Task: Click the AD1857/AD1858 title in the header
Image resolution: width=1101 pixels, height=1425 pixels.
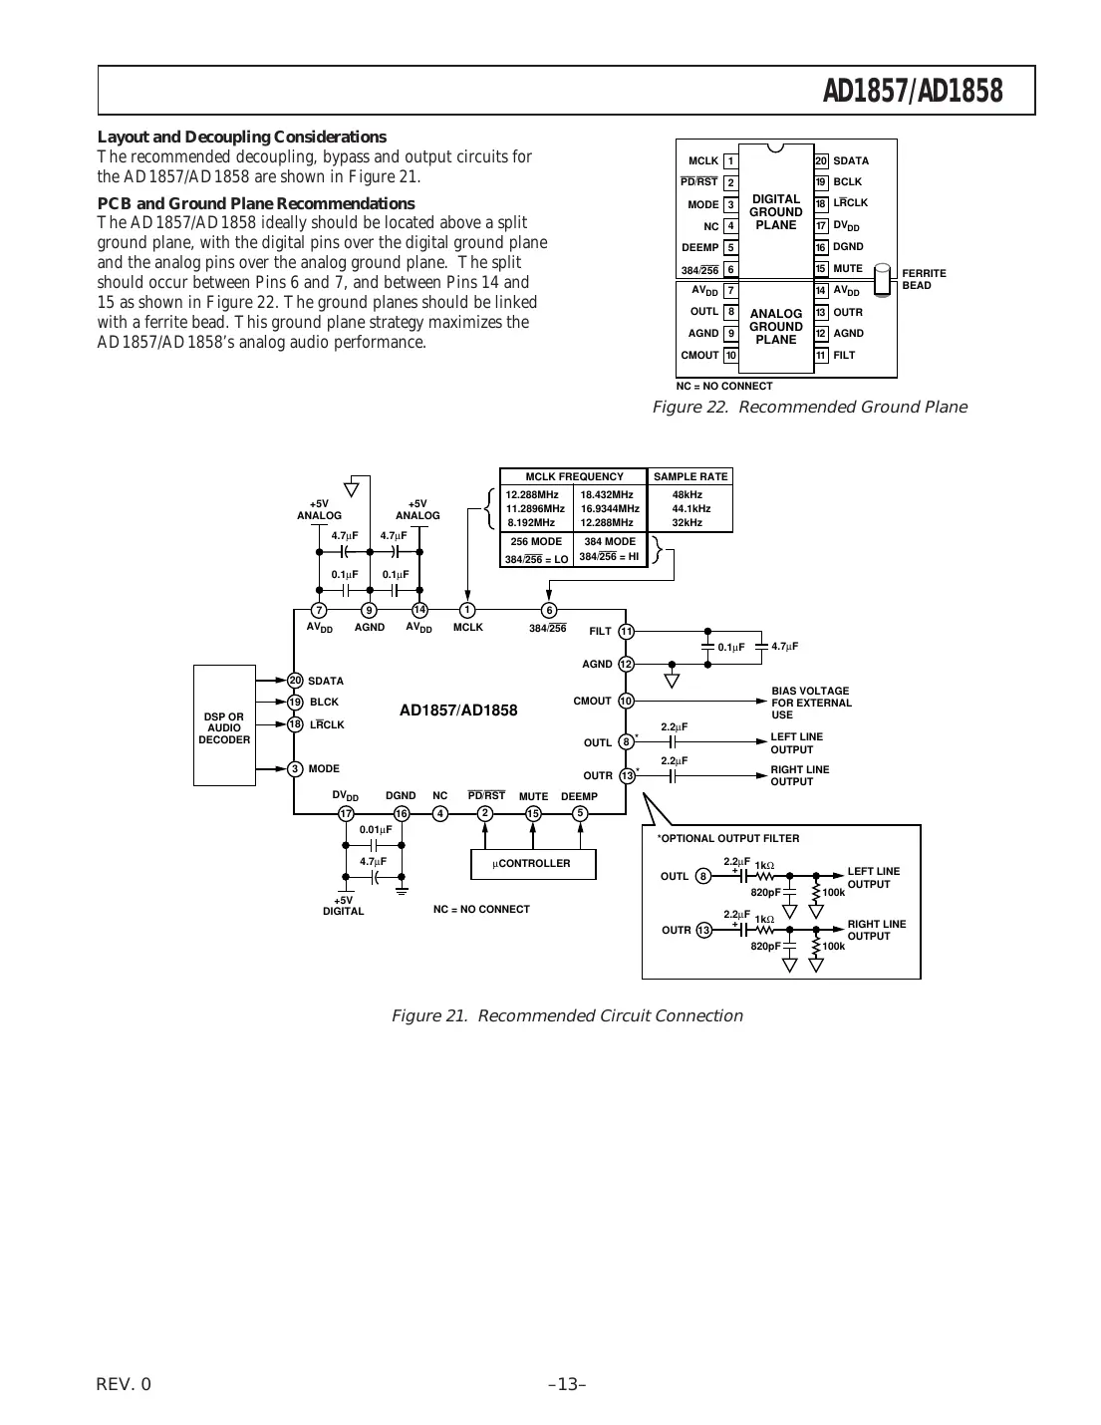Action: click(912, 92)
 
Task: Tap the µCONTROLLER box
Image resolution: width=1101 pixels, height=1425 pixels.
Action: click(533, 864)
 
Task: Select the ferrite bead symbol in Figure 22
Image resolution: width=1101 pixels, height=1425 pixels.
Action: click(882, 280)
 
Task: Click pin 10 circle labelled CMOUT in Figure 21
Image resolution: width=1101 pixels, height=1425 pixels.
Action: click(626, 702)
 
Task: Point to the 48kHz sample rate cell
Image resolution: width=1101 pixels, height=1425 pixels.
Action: click(688, 494)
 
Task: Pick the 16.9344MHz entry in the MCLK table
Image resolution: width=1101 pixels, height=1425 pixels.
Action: click(610, 508)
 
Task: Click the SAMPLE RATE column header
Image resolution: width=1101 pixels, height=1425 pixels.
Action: click(690, 476)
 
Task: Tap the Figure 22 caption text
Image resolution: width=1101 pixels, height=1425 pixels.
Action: click(809, 407)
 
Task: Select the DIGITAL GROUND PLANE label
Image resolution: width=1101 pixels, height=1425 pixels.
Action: click(776, 212)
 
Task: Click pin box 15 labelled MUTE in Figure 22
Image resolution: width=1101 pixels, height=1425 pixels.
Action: click(821, 269)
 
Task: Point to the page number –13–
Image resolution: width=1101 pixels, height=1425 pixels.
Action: click(567, 1384)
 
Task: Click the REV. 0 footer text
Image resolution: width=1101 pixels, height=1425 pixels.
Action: click(125, 1384)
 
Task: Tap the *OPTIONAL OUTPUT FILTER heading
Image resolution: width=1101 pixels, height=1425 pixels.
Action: click(728, 839)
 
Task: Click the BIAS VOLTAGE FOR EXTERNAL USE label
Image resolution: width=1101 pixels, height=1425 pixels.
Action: click(811, 703)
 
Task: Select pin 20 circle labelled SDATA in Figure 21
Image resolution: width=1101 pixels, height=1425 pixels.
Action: click(295, 681)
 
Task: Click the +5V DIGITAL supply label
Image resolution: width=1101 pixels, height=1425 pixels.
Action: click(344, 906)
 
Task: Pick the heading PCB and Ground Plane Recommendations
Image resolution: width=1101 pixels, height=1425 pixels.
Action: click(256, 203)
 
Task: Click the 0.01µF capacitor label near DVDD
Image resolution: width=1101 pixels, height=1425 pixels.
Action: click(376, 829)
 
